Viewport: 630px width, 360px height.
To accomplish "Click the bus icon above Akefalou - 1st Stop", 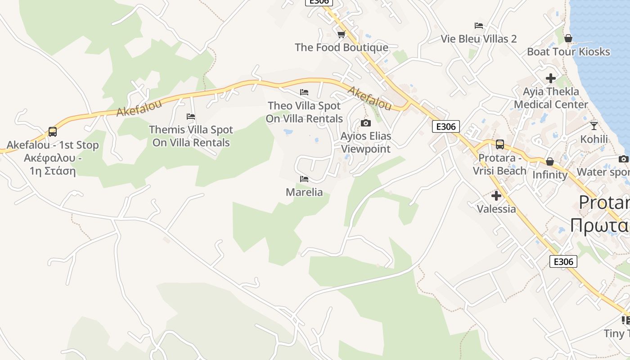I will (53, 132).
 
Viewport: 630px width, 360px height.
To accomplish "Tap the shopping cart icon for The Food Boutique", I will (342, 34).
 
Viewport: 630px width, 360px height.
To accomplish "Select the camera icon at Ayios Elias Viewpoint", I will (366, 123).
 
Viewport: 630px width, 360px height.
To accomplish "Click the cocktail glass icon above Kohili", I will (594, 126).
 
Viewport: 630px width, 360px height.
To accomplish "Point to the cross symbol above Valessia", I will (496, 196).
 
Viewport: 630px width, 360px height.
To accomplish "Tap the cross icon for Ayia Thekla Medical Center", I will (551, 78).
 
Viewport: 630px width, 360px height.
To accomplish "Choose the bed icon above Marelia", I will (304, 179).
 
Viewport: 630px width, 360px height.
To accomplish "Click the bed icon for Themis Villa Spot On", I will (191, 117).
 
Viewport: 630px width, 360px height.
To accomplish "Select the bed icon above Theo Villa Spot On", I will (304, 93).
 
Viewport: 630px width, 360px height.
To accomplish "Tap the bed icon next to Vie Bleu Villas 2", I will (479, 26).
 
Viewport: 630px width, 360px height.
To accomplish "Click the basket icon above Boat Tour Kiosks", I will (568, 38).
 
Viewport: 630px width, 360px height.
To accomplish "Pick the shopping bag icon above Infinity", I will (549, 162).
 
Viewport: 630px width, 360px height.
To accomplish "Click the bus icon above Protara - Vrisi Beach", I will (499, 144).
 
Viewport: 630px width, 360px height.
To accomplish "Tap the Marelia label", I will (304, 192).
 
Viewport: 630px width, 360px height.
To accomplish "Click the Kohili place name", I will (594, 139).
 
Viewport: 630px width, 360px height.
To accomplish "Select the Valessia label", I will (496, 209).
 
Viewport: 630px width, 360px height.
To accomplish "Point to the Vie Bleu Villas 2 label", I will (479, 39).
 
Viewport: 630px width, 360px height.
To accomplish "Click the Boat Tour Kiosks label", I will (568, 52).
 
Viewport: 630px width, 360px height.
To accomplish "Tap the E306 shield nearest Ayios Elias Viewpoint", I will (446, 126).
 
